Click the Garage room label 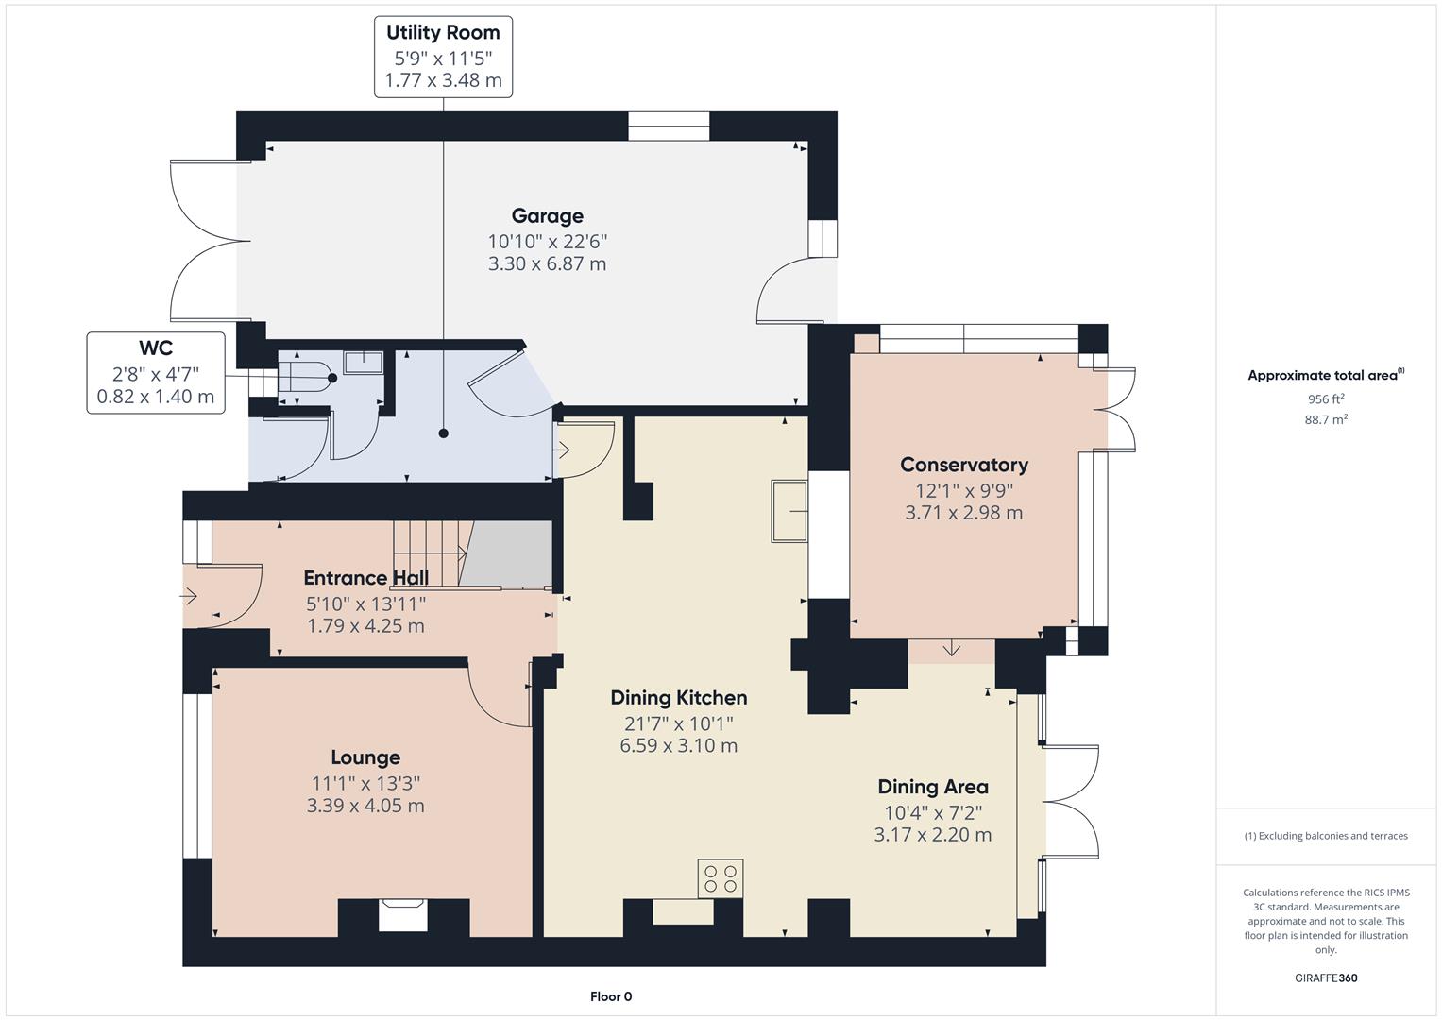tap(547, 216)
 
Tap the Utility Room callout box tap(443, 57)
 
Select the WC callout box tap(156, 372)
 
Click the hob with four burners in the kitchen tap(721, 878)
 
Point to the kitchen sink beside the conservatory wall tap(789, 511)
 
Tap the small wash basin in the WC tap(363, 363)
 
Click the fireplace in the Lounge tap(403, 915)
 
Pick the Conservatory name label tap(963, 465)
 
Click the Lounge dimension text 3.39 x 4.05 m tap(365, 806)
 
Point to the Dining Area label tap(933, 787)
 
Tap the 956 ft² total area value tap(1326, 399)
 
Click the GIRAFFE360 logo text tap(1326, 977)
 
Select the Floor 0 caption tap(611, 996)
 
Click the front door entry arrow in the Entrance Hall tap(190, 596)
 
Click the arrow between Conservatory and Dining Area tap(951, 649)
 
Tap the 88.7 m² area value tap(1326, 419)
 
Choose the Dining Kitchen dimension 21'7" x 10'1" tap(678, 723)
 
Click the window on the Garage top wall tap(669, 127)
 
